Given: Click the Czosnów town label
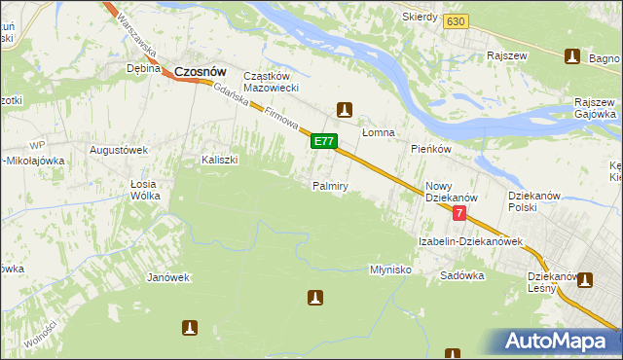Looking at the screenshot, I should (201, 70).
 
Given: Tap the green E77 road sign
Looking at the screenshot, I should (324, 142).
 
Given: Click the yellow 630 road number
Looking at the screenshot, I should (455, 20).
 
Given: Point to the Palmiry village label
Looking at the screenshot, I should (330, 185).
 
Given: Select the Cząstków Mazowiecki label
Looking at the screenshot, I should (277, 83).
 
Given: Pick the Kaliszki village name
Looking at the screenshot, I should (220, 159).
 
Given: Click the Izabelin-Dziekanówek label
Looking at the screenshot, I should (471, 240).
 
